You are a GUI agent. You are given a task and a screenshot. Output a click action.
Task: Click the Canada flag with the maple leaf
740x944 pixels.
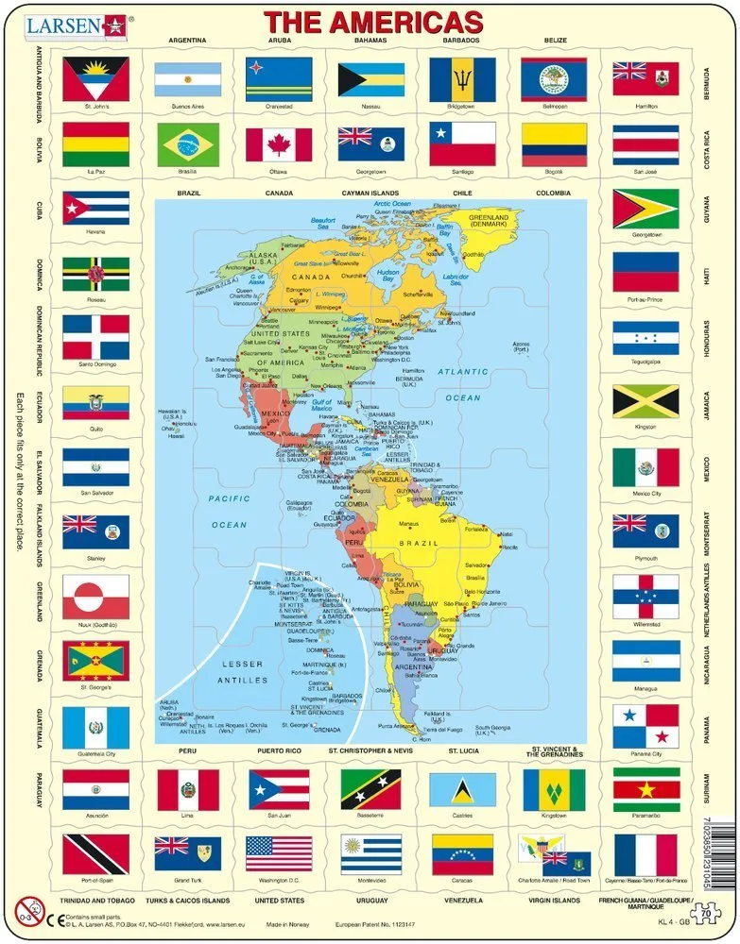click(x=279, y=144)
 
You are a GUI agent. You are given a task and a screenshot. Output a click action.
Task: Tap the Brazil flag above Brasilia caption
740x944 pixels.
click(x=188, y=144)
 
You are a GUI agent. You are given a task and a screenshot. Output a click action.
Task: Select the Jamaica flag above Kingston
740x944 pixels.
click(x=645, y=400)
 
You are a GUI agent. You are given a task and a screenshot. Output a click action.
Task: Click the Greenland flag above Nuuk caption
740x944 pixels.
click(x=95, y=597)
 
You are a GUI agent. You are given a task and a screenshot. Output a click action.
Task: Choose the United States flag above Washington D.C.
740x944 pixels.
click(x=279, y=854)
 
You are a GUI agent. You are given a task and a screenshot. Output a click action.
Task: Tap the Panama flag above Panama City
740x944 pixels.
click(x=645, y=726)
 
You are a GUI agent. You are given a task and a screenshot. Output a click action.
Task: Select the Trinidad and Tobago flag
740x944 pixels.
click(x=95, y=854)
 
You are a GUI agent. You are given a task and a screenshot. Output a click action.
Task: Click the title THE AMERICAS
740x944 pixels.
click(x=372, y=22)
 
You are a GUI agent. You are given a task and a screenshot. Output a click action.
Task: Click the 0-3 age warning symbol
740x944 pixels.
click(x=26, y=911)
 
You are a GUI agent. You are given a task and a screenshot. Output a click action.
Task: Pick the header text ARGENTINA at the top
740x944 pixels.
click(x=187, y=42)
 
